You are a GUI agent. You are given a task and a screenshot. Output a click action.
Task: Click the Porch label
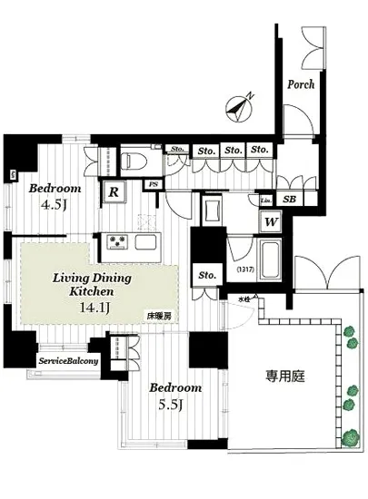click(300, 84)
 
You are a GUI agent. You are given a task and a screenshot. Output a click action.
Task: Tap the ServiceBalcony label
click(69, 361)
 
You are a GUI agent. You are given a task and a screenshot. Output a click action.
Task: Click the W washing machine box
click(271, 220)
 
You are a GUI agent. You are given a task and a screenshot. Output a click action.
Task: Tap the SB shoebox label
click(289, 200)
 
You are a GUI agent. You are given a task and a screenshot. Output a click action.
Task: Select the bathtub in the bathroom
click(269, 260)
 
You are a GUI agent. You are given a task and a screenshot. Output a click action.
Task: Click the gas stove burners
click(118, 242)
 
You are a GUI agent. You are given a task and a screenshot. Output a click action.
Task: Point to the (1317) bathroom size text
click(243, 269)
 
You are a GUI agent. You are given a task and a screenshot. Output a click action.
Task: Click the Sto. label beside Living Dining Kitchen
click(205, 275)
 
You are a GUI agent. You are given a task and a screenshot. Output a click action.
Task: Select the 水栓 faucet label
click(244, 298)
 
